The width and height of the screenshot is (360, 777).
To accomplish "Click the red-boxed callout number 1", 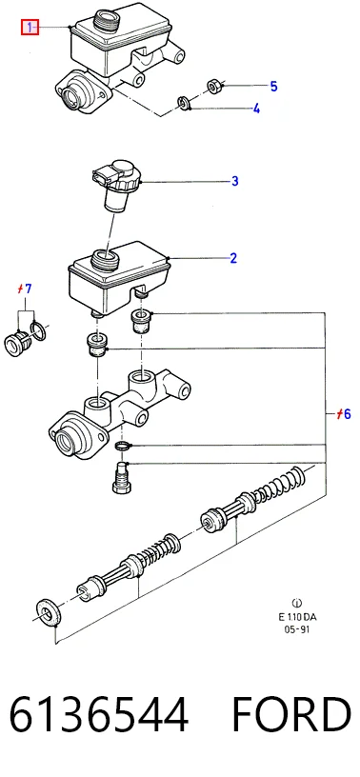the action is tap(30, 27).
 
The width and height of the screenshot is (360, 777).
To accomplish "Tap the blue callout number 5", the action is tap(273, 87).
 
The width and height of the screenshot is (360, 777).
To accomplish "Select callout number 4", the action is tap(256, 109).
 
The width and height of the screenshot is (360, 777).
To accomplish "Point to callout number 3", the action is tap(234, 181).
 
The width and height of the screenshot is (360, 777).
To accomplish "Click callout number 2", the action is tap(233, 258).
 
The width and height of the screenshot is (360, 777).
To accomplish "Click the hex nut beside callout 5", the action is tap(214, 87).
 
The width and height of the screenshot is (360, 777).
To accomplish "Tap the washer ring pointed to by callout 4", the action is tap(184, 104).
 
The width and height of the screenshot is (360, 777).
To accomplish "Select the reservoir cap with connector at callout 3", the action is tap(117, 184).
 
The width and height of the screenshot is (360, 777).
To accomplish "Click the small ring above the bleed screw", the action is tap(122, 446).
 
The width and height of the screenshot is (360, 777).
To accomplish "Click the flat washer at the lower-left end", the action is tap(50, 613).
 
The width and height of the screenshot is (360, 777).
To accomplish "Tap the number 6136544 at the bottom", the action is tap(99, 714).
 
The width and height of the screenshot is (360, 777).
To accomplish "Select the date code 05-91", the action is tap(297, 629).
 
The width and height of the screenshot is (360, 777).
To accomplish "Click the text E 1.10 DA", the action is tap(297, 617).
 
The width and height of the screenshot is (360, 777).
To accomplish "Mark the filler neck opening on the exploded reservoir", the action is tap(106, 258).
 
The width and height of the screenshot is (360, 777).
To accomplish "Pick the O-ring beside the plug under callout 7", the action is tap(39, 330).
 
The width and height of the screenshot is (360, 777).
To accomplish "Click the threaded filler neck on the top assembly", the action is tap(107, 20).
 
